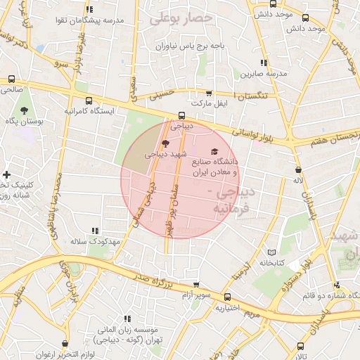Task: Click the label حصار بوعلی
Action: (x=181, y=17)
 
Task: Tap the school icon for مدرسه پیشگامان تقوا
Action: (x=89, y=10)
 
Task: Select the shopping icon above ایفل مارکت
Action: (x=208, y=94)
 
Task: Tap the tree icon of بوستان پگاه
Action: (x=25, y=110)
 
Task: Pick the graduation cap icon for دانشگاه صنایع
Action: (x=214, y=152)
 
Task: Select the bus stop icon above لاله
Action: (x=299, y=170)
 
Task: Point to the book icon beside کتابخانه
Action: (x=272, y=252)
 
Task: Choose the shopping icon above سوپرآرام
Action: (x=196, y=285)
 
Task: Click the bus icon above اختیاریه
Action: (x=229, y=297)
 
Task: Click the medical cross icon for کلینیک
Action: (x=6, y=174)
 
